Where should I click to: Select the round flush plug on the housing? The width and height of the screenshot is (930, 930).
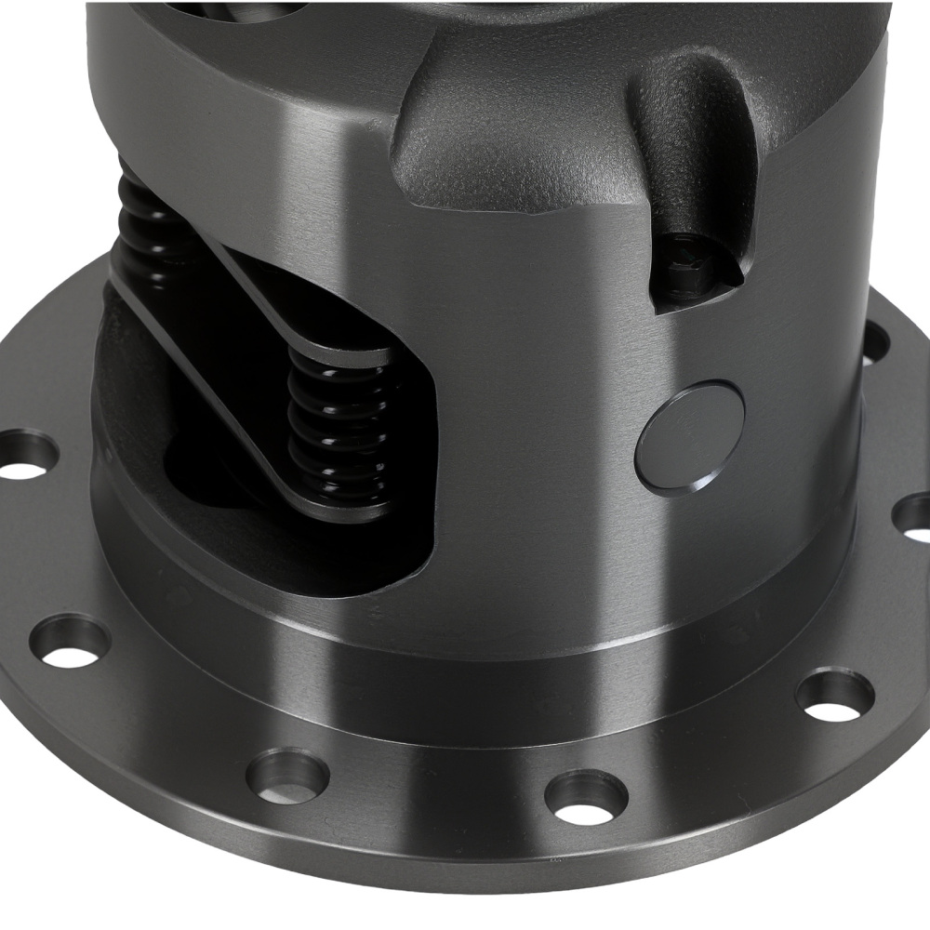(690, 437)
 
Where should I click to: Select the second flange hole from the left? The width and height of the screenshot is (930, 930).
(70, 642)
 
